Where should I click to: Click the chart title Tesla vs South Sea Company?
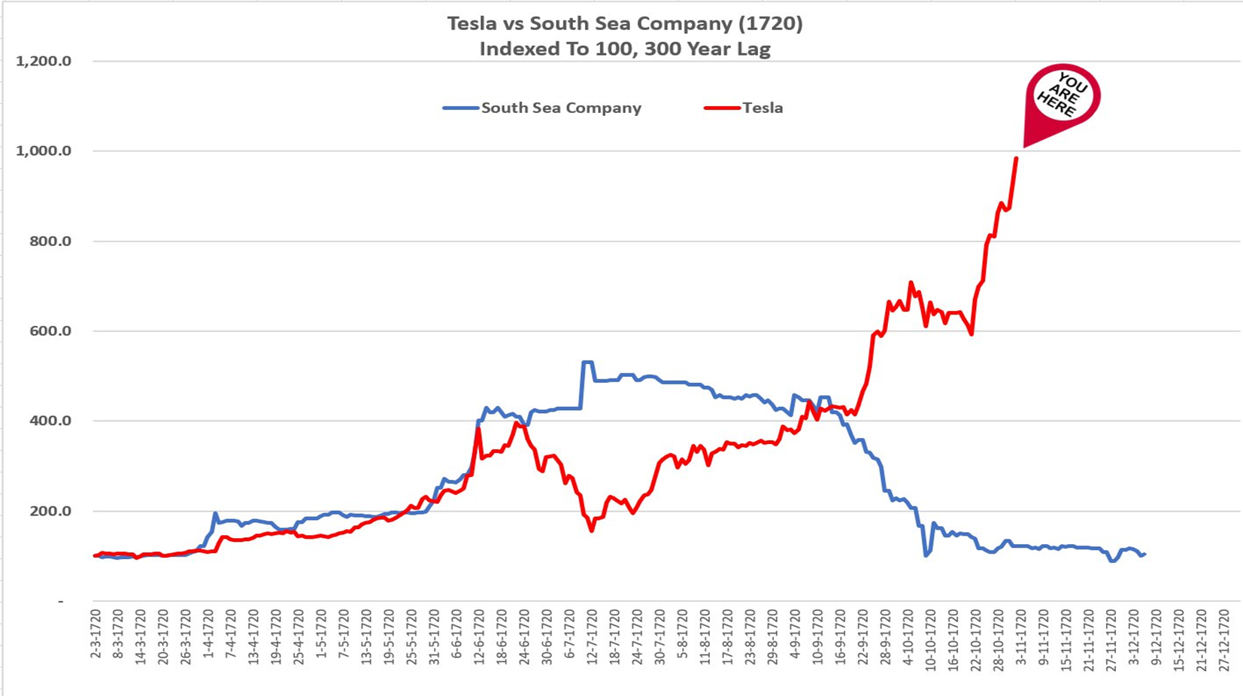click(624, 24)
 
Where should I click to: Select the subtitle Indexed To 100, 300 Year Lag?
click(624, 50)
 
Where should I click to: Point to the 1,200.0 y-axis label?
click(44, 62)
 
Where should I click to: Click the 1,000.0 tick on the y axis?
click(44, 151)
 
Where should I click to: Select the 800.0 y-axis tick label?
click(50, 242)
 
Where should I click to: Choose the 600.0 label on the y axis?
click(50, 331)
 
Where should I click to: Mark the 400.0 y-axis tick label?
click(50, 421)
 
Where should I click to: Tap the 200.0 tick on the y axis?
click(50, 512)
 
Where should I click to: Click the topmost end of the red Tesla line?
click(1017, 158)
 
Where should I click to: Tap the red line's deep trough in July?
click(592, 530)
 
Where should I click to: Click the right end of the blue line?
click(1144, 555)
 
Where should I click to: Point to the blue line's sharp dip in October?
click(926, 555)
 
